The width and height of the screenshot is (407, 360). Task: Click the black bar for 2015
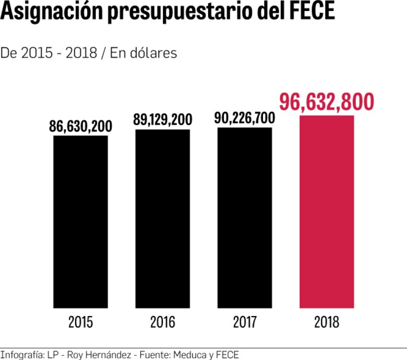coord(80,222)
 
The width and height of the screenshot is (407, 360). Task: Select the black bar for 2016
coord(163,219)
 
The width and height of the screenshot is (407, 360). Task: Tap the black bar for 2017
coord(245,218)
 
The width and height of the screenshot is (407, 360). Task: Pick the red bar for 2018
coord(327,211)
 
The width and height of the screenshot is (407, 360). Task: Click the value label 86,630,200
coord(81,126)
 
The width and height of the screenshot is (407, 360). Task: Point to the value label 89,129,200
coord(163,119)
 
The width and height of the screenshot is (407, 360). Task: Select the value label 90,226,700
coord(244,118)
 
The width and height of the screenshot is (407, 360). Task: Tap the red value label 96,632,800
coord(327,102)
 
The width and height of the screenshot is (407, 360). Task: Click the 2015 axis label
coord(80,322)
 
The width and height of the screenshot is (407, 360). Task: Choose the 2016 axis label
coord(163,322)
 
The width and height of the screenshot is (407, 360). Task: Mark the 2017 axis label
coord(245,322)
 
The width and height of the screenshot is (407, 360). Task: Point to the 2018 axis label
coord(327,322)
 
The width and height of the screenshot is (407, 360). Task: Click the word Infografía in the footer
coord(20,355)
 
